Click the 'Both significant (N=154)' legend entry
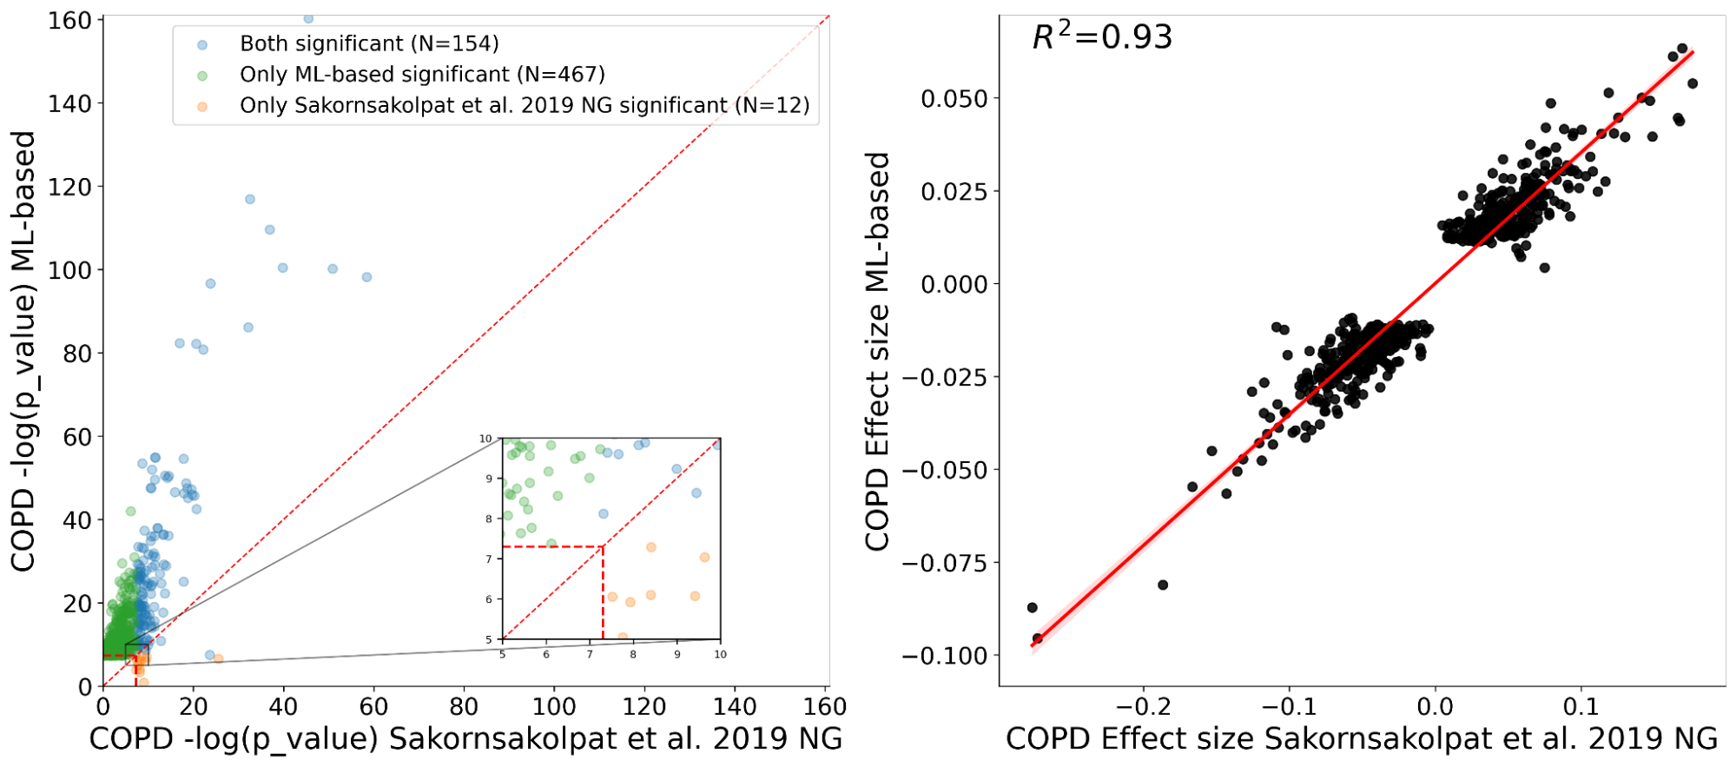pos(369,43)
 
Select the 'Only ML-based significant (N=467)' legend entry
pos(422,75)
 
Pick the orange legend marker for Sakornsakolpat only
pos(202,106)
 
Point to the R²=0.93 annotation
pos(1102,36)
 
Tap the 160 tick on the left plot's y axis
pos(70,20)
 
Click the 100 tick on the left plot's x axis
pos(554,706)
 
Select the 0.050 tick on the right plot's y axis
pos(954,98)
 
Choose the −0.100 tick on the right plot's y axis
pos(947,656)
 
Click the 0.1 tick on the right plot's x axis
pos(1581,706)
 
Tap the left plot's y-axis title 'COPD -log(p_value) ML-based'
pos(23,351)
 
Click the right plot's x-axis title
pos(1362,739)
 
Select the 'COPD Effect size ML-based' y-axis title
pos(878,351)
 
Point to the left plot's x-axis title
pos(465,739)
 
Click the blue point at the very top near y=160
pos(308,18)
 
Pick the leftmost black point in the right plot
pos(1032,607)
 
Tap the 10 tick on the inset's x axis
pos(720,654)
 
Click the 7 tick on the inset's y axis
pos(490,559)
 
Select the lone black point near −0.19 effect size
pos(1163,585)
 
